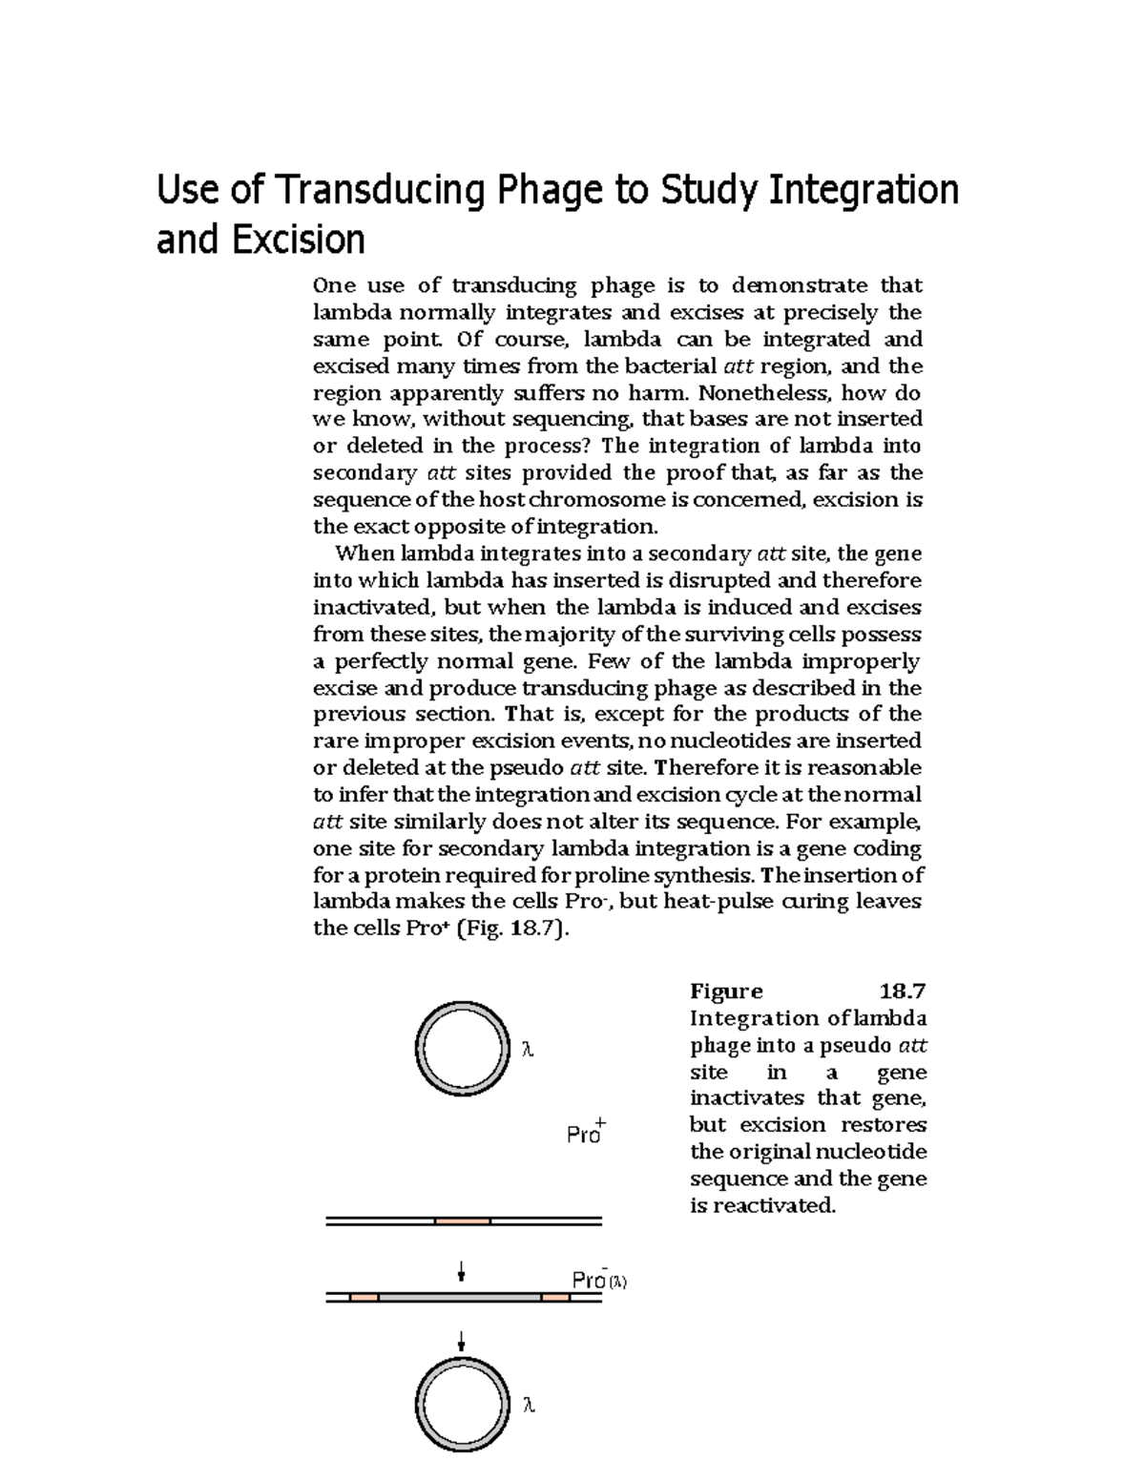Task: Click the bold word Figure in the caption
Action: [726, 991]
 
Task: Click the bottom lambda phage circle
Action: [460, 1406]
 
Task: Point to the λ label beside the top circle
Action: [527, 1050]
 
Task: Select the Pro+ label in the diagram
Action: [586, 1133]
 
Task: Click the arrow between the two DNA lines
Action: [462, 1271]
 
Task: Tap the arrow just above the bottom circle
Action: [462, 1342]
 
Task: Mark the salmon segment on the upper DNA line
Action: [463, 1221]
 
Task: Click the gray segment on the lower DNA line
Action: [460, 1298]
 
